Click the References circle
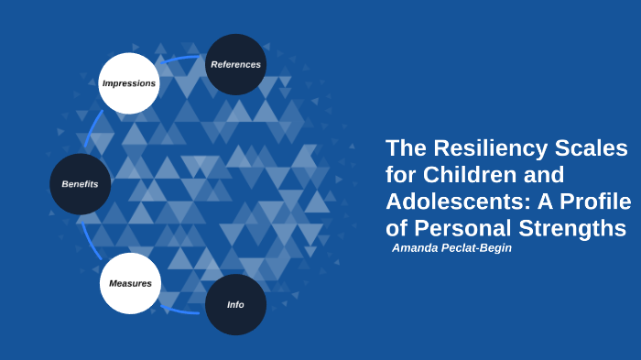235,64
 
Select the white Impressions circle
129,83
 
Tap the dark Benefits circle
81,184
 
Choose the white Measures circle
130,283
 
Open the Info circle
235,304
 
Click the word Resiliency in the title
491,147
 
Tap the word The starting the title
407,147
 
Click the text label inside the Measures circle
130,283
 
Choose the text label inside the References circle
235,64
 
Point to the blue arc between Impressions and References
179,60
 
